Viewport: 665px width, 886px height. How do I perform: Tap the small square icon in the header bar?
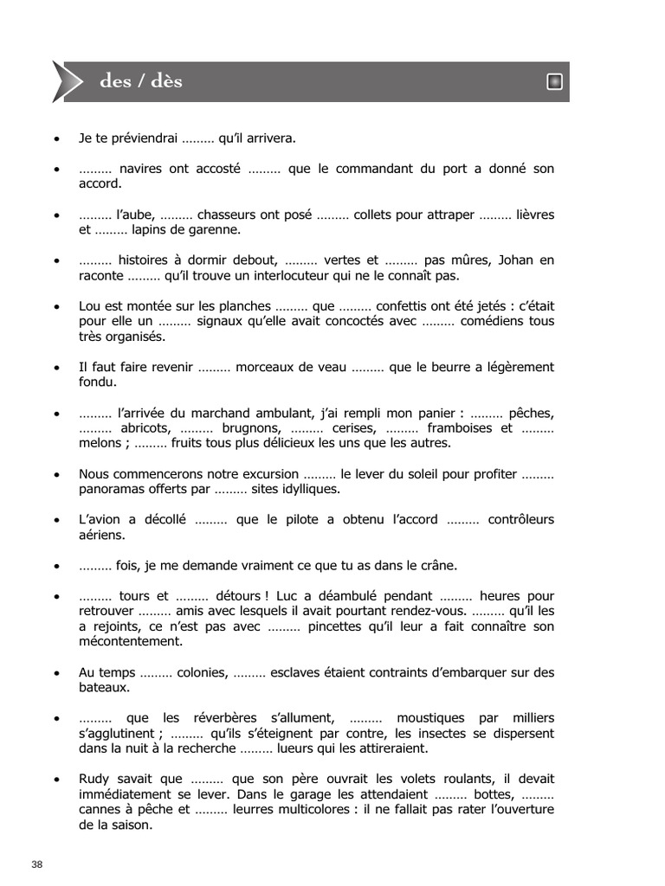click(555, 82)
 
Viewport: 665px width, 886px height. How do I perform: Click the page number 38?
click(36, 864)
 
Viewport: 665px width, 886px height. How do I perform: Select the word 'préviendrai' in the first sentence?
click(142, 138)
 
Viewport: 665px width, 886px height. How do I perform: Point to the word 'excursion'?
click(269, 473)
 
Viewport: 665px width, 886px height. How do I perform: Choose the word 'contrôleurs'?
click(521, 519)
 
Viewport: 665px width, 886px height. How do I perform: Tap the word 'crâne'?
click(437, 565)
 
